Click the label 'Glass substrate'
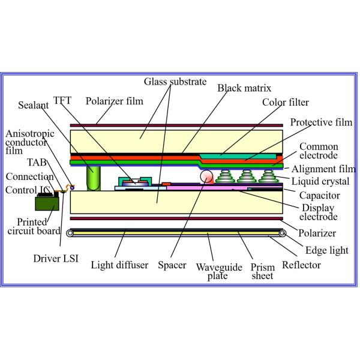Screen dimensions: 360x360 [x=175, y=82]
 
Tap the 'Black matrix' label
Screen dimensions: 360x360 [x=245, y=88]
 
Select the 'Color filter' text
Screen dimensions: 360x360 [x=285, y=102]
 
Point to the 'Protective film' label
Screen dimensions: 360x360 [x=320, y=122]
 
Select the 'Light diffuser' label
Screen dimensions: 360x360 [x=119, y=265]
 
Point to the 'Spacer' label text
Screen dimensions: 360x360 [x=175, y=265]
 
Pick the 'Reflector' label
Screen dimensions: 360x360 [x=301, y=265]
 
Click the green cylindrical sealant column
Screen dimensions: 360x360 [x=93, y=178]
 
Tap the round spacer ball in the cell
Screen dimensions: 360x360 [x=206, y=177]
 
